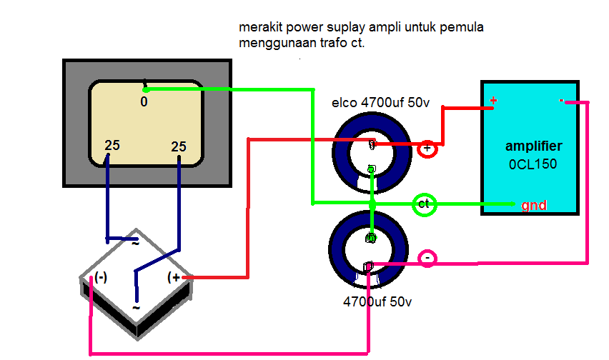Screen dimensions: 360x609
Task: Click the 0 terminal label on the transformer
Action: tap(144, 102)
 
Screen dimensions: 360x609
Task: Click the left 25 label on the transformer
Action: tap(112, 145)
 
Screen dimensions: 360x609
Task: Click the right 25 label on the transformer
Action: tap(179, 146)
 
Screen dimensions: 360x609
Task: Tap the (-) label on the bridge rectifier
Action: tap(101, 277)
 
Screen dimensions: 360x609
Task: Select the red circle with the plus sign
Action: tap(427, 149)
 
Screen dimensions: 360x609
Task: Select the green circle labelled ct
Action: tap(425, 204)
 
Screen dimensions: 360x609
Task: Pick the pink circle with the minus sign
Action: tap(427, 257)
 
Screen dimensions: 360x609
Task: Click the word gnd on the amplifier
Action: tap(534, 206)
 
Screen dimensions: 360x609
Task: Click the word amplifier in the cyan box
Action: tap(533, 146)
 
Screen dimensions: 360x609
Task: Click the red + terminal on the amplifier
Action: tap(492, 101)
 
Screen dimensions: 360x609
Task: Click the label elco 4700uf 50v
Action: tap(380, 103)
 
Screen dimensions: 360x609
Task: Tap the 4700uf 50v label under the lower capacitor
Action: tap(377, 302)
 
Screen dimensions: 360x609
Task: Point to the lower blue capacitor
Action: tap(369, 247)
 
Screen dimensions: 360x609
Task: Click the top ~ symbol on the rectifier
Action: tap(134, 242)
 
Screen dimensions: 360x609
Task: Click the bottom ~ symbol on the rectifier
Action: tap(135, 308)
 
